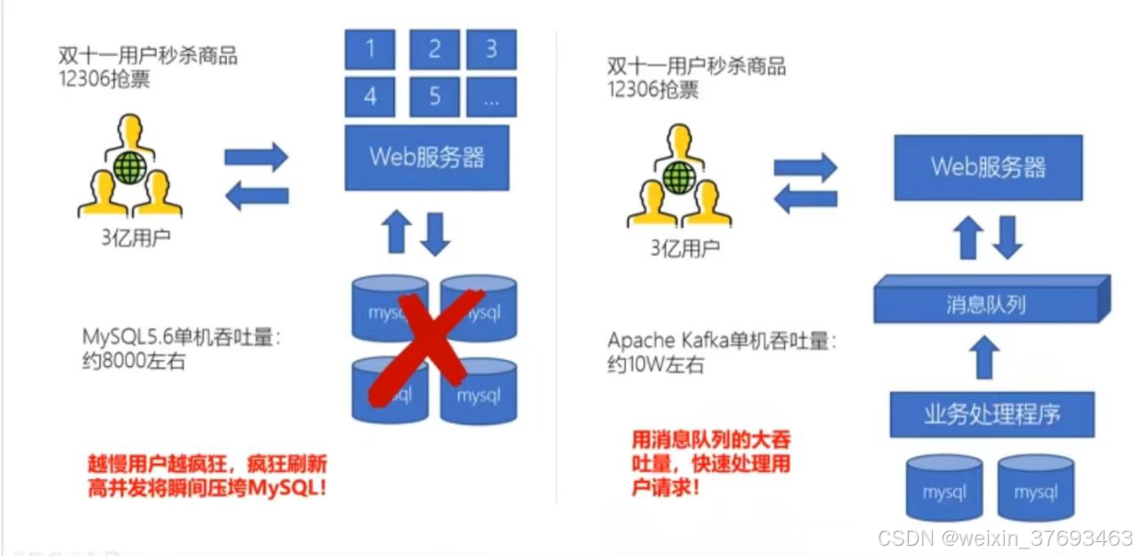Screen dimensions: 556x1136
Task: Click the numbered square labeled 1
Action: pos(371,48)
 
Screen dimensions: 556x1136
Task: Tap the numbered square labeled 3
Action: pos(491,48)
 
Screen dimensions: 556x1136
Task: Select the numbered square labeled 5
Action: pos(434,96)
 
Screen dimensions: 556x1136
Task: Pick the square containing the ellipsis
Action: pos(491,96)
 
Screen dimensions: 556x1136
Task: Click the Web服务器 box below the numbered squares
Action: pos(427,157)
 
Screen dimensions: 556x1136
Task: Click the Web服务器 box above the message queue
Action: pos(988,166)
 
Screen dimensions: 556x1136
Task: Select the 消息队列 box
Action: pos(988,302)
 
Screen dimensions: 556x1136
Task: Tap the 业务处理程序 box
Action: pos(992,413)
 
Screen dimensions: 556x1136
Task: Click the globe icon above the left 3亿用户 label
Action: pos(129,169)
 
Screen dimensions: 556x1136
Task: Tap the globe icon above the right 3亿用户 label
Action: pos(679,175)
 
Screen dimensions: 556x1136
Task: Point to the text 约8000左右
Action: pos(133,361)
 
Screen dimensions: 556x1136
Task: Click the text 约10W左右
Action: pos(656,365)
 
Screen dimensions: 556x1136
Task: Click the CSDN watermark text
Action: pos(1004,538)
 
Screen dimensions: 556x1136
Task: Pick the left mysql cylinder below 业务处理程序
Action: pos(944,489)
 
